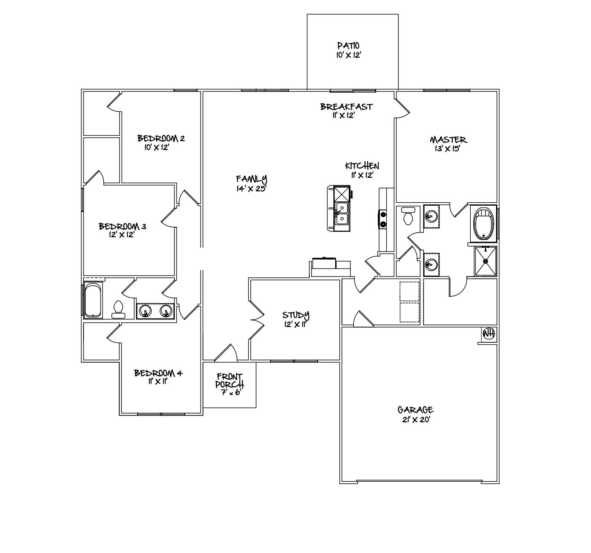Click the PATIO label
pos(348,46)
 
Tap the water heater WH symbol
pos(489,333)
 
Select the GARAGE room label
pos(415,410)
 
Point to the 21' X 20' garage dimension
pos(415,420)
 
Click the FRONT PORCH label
pos(229,381)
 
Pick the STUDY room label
pos(295,315)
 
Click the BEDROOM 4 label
pos(158,373)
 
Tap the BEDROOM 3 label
pos(122,226)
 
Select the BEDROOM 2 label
pos(161,138)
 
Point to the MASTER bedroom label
pos(448,140)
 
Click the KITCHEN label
pos(362,166)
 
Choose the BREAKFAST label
pos(346,107)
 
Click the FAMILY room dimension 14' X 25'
pos(252,189)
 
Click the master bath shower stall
pos(485,261)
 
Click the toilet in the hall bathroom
pos(118,309)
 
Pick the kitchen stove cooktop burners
pos(383,218)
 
